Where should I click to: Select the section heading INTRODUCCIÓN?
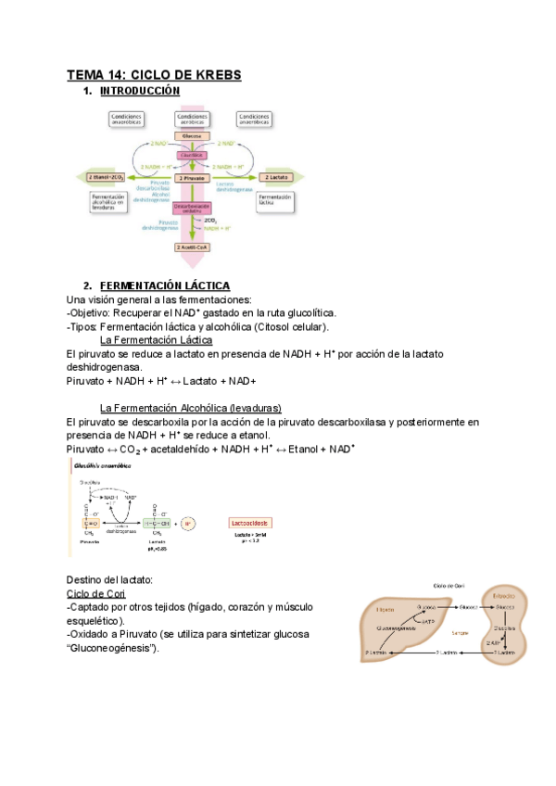click(x=139, y=91)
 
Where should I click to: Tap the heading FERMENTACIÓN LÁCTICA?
click(x=164, y=285)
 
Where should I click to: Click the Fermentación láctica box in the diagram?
click(x=276, y=200)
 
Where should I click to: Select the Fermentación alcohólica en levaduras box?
click(x=109, y=203)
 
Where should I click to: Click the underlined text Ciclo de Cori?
click(x=97, y=593)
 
